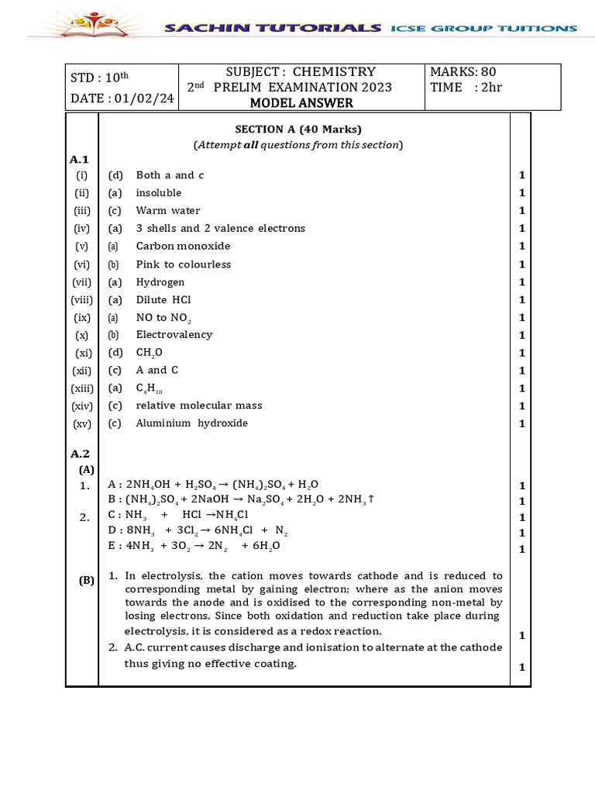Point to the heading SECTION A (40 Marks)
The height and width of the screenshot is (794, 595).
[x=298, y=129]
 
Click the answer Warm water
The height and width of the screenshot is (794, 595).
[x=168, y=210]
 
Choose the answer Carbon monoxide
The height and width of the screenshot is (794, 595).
[x=183, y=246]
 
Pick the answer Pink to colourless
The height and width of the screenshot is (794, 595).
[x=183, y=264]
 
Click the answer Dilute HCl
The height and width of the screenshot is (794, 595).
[x=163, y=299]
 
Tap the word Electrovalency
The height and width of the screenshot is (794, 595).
[x=174, y=335]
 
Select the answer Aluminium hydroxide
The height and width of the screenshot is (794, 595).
[x=191, y=423]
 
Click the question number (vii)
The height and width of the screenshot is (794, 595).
[x=82, y=282]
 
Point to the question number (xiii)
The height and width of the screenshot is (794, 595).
[x=82, y=388]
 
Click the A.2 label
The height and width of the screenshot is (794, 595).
[x=81, y=454]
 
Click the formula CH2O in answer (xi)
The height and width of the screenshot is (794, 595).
[x=150, y=353]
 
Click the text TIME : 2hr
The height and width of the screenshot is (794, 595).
[x=466, y=87]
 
